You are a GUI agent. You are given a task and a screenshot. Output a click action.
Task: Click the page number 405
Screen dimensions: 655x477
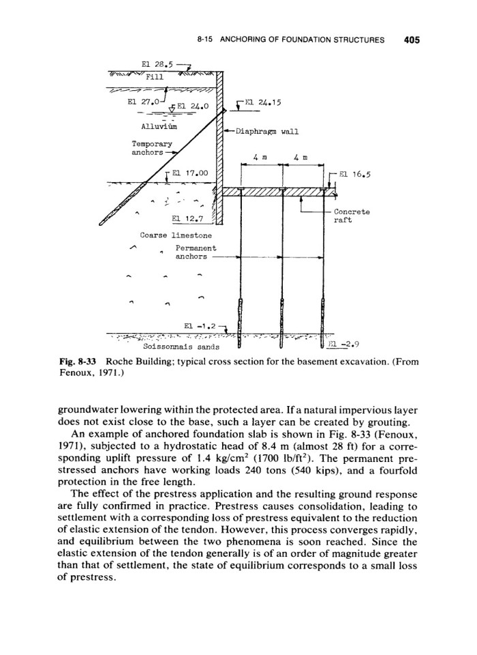[x=411, y=40]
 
